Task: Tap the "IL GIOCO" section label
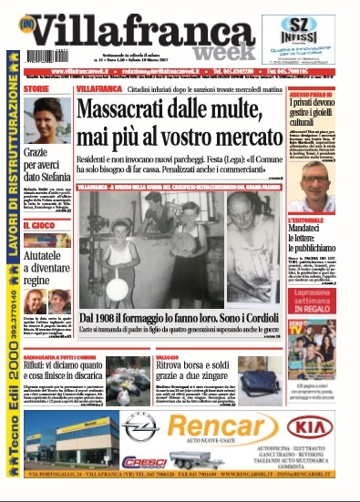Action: [x=42, y=224]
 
